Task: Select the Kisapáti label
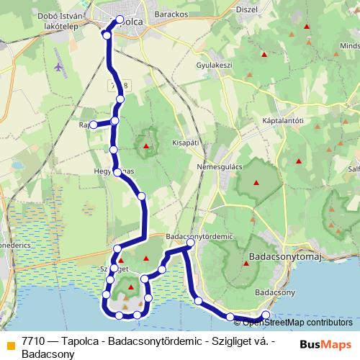(185, 143)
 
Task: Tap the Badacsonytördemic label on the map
(199, 235)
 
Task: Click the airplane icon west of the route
(58, 67)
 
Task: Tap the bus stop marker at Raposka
(94, 125)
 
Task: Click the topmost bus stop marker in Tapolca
(120, 19)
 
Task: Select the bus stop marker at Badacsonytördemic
(191, 245)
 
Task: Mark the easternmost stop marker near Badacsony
(266, 315)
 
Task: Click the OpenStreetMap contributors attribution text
(297, 322)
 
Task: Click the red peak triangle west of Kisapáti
(147, 146)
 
